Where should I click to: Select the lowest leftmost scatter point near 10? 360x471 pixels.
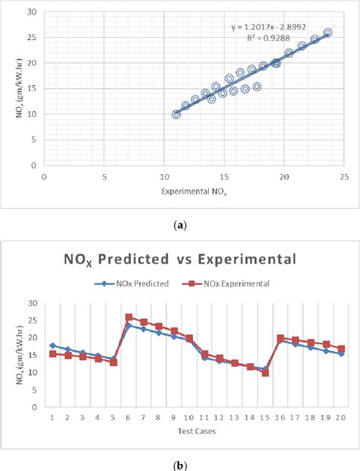176,114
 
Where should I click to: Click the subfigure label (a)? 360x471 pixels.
180,224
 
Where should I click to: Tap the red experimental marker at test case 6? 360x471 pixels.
128,318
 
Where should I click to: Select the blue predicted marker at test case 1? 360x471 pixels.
52,346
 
